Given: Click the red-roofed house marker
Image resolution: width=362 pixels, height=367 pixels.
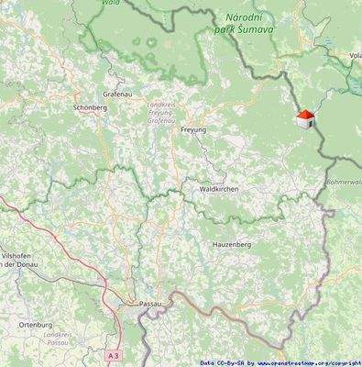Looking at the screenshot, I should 305,119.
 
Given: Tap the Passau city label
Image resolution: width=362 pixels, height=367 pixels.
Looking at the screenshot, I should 148,303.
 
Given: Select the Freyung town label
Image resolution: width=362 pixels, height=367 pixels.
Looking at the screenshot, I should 193,130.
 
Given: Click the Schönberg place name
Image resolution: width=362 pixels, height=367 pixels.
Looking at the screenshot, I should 89,107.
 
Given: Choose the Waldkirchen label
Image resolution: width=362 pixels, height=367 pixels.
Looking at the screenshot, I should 219,189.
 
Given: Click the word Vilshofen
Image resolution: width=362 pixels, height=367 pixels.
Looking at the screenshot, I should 18,254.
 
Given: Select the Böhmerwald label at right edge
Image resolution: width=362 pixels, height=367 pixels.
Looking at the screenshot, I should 344,182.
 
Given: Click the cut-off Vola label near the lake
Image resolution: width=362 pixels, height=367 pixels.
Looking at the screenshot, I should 354,56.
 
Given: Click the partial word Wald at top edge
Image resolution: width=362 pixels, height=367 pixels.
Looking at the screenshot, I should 111,4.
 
